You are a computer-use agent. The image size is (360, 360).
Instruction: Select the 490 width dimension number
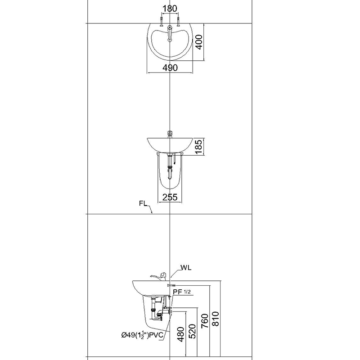coord(170,67)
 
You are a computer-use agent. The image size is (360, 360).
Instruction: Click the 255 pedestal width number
coord(170,197)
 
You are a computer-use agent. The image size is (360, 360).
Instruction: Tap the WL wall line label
coord(186,268)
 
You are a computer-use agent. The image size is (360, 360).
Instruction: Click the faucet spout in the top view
coord(169,34)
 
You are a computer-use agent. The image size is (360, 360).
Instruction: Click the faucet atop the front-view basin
coord(170,134)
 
